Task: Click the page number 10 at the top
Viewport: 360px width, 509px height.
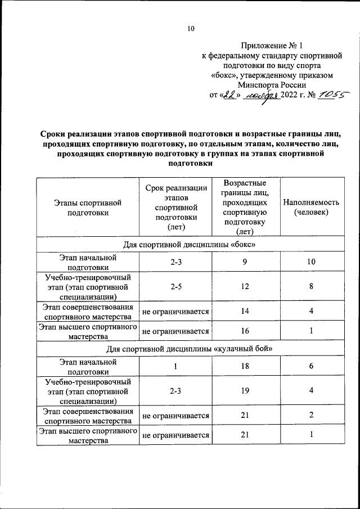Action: [191, 29]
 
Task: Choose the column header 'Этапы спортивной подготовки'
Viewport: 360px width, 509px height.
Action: [88, 207]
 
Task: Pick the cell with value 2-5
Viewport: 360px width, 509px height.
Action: [175, 287]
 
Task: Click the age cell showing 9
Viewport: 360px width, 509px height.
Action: [245, 262]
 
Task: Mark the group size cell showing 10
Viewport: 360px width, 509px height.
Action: [312, 262]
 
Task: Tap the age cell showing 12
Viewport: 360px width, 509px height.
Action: [245, 287]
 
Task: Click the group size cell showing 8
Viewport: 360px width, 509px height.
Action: [312, 287]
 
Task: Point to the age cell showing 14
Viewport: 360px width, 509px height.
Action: [245, 311]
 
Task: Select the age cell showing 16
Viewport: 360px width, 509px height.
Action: [245, 331]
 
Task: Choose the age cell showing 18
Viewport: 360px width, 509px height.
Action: [245, 366]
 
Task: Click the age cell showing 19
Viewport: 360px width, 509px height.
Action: [245, 391]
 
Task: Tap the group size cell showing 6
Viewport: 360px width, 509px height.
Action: [312, 366]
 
